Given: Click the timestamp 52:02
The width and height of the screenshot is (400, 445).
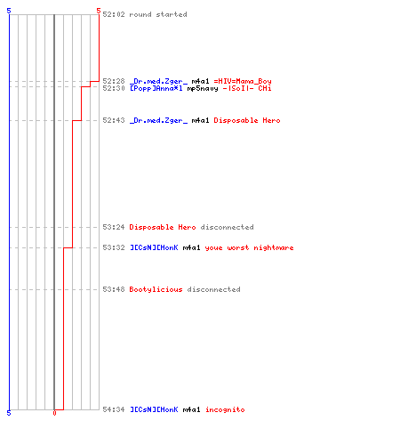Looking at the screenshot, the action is (x=114, y=14).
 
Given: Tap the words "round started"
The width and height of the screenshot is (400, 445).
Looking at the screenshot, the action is (x=158, y=14).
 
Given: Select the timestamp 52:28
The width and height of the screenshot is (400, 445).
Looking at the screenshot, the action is (x=114, y=81).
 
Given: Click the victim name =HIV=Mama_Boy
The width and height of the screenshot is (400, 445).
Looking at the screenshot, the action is (x=243, y=82).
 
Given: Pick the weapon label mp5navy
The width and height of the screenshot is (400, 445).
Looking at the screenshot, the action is (x=203, y=89).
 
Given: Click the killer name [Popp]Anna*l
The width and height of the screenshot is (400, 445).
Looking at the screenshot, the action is (x=156, y=88).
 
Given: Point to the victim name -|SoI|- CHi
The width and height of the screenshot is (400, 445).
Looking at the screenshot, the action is (x=247, y=88).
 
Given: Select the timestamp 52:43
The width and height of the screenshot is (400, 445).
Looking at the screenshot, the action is (x=114, y=120).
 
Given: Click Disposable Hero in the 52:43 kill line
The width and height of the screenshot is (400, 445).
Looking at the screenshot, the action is (x=247, y=120).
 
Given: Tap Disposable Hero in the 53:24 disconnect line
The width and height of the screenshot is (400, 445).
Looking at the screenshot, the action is (x=163, y=227).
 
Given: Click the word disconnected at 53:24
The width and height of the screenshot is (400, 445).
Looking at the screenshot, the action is (x=228, y=227).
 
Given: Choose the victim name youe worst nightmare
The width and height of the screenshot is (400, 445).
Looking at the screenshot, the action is (x=249, y=247).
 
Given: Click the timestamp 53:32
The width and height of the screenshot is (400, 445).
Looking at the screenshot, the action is (x=114, y=247).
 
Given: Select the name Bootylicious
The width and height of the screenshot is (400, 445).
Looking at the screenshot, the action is (x=156, y=289).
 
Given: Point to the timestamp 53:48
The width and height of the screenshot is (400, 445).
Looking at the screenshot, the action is (x=114, y=289).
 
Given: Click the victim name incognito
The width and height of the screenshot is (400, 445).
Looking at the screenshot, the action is (x=225, y=409).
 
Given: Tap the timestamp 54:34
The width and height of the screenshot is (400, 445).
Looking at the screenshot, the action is (x=114, y=409).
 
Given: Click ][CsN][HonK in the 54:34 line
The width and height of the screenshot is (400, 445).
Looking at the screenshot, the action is (x=154, y=409).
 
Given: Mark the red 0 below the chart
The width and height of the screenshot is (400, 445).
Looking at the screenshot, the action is (x=54, y=413).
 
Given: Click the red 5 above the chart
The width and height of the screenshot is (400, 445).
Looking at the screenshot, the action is (x=99, y=11).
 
